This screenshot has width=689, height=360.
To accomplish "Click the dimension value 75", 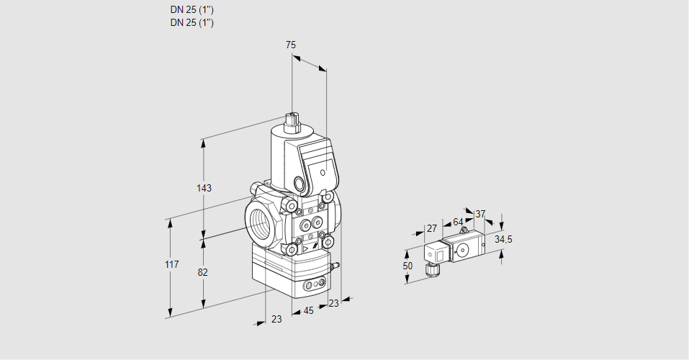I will click(290, 45).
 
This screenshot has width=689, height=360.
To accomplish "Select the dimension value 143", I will click(204, 188).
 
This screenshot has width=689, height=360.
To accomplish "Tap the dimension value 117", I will click(171, 266).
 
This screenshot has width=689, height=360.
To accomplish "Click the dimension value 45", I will click(308, 311).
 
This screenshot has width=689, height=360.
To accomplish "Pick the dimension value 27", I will click(432, 228).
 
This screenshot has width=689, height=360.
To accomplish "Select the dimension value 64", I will click(458, 222).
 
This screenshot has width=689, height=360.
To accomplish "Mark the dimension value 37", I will click(481, 214).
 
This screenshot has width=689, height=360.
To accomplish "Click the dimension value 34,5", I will click(503, 239).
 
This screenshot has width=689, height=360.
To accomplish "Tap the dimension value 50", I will click(407, 266).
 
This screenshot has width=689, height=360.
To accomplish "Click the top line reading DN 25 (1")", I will click(192, 10).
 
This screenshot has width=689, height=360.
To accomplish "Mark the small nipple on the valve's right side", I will click(334, 267).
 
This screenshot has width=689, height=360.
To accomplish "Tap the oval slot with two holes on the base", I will click(313, 286).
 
